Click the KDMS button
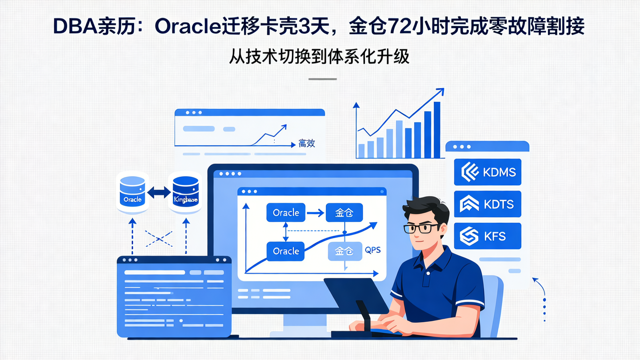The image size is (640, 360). [x=487, y=172]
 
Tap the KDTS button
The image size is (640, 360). [x=487, y=204]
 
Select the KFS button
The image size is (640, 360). [x=487, y=236]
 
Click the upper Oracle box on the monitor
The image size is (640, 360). [x=286, y=212]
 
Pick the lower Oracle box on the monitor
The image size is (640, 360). [x=286, y=251]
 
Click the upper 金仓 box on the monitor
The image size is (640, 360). [x=344, y=213]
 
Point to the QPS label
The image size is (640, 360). [x=372, y=250]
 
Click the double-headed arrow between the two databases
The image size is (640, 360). [x=159, y=192]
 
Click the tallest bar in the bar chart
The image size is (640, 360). [x=437, y=130]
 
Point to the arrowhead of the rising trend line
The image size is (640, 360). [x=440, y=91]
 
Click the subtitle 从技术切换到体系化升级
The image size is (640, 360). [x=320, y=57]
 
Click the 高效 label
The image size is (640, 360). [x=307, y=144]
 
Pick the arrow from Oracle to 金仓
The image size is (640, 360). [x=315, y=213]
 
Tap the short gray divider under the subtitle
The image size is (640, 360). [x=322, y=79]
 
